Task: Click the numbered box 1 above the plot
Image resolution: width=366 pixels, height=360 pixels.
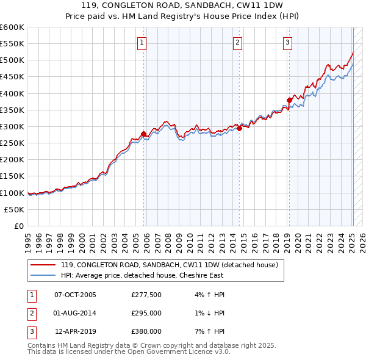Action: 142,42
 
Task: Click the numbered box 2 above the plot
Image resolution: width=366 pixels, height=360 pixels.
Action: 237,42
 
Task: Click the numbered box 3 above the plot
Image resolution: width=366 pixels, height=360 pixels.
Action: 287,42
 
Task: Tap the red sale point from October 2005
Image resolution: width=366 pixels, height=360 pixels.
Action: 144,134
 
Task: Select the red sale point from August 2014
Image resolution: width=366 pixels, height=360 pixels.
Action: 240,128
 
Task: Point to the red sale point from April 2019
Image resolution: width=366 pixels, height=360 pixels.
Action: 290,100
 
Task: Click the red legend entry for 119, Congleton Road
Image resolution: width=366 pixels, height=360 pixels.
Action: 169,265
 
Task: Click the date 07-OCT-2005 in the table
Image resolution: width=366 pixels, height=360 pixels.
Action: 75,295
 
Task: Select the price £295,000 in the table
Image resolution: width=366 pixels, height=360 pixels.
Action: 146,313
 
